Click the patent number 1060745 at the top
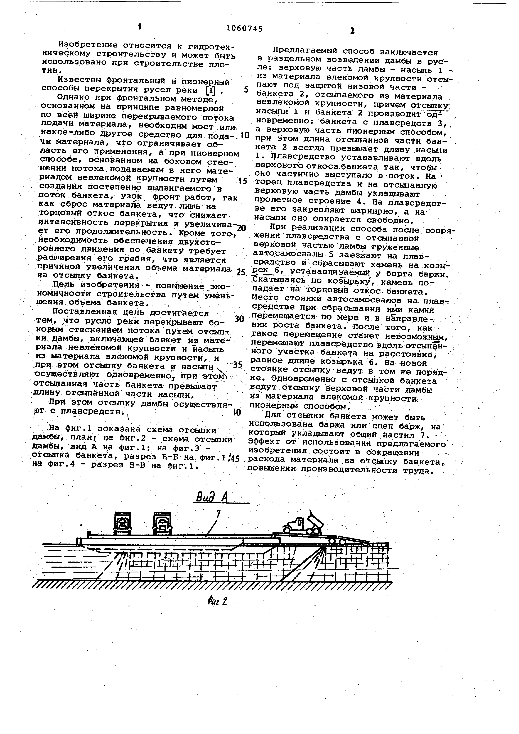244,29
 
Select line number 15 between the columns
243,181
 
